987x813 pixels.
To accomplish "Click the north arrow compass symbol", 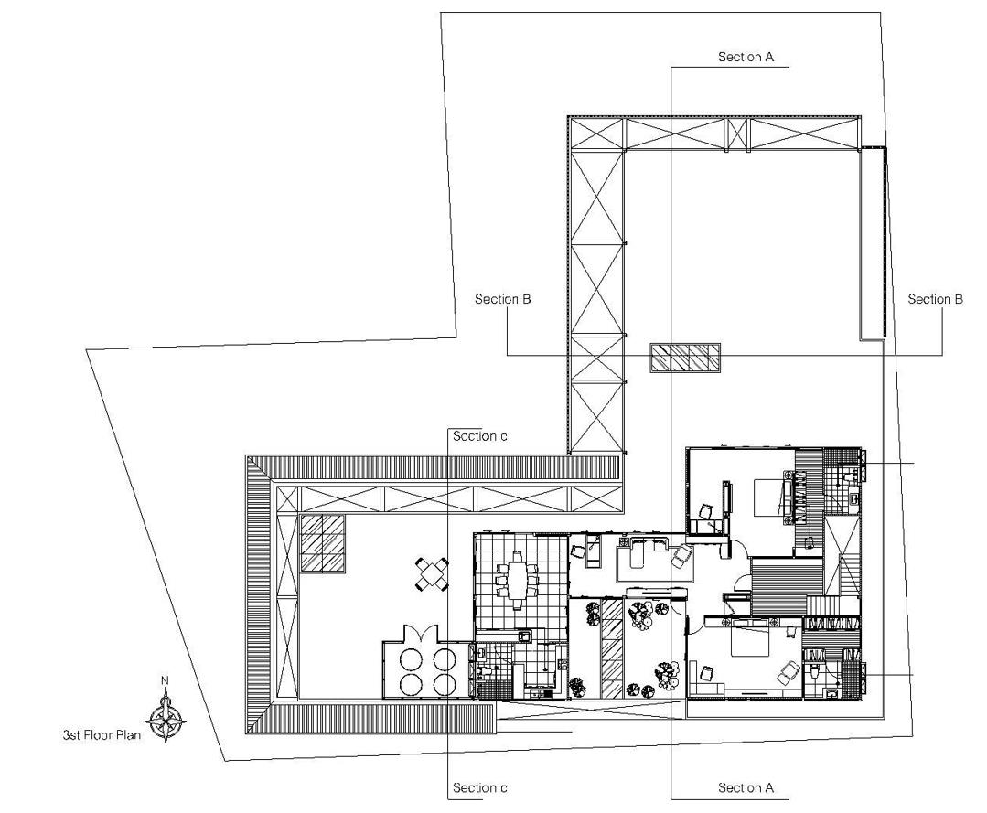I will (x=166, y=714).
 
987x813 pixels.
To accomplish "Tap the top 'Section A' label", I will (x=746, y=57).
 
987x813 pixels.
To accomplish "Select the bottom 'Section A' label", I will (x=746, y=787).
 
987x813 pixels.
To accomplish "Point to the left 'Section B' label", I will (x=503, y=299).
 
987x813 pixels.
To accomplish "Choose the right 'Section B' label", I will (x=935, y=299).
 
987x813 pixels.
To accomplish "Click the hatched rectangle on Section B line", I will (x=685, y=358).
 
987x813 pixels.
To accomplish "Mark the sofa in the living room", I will (x=644, y=554).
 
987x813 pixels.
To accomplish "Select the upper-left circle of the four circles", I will (x=410, y=658).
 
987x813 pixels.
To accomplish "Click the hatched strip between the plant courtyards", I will (x=611, y=647).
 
